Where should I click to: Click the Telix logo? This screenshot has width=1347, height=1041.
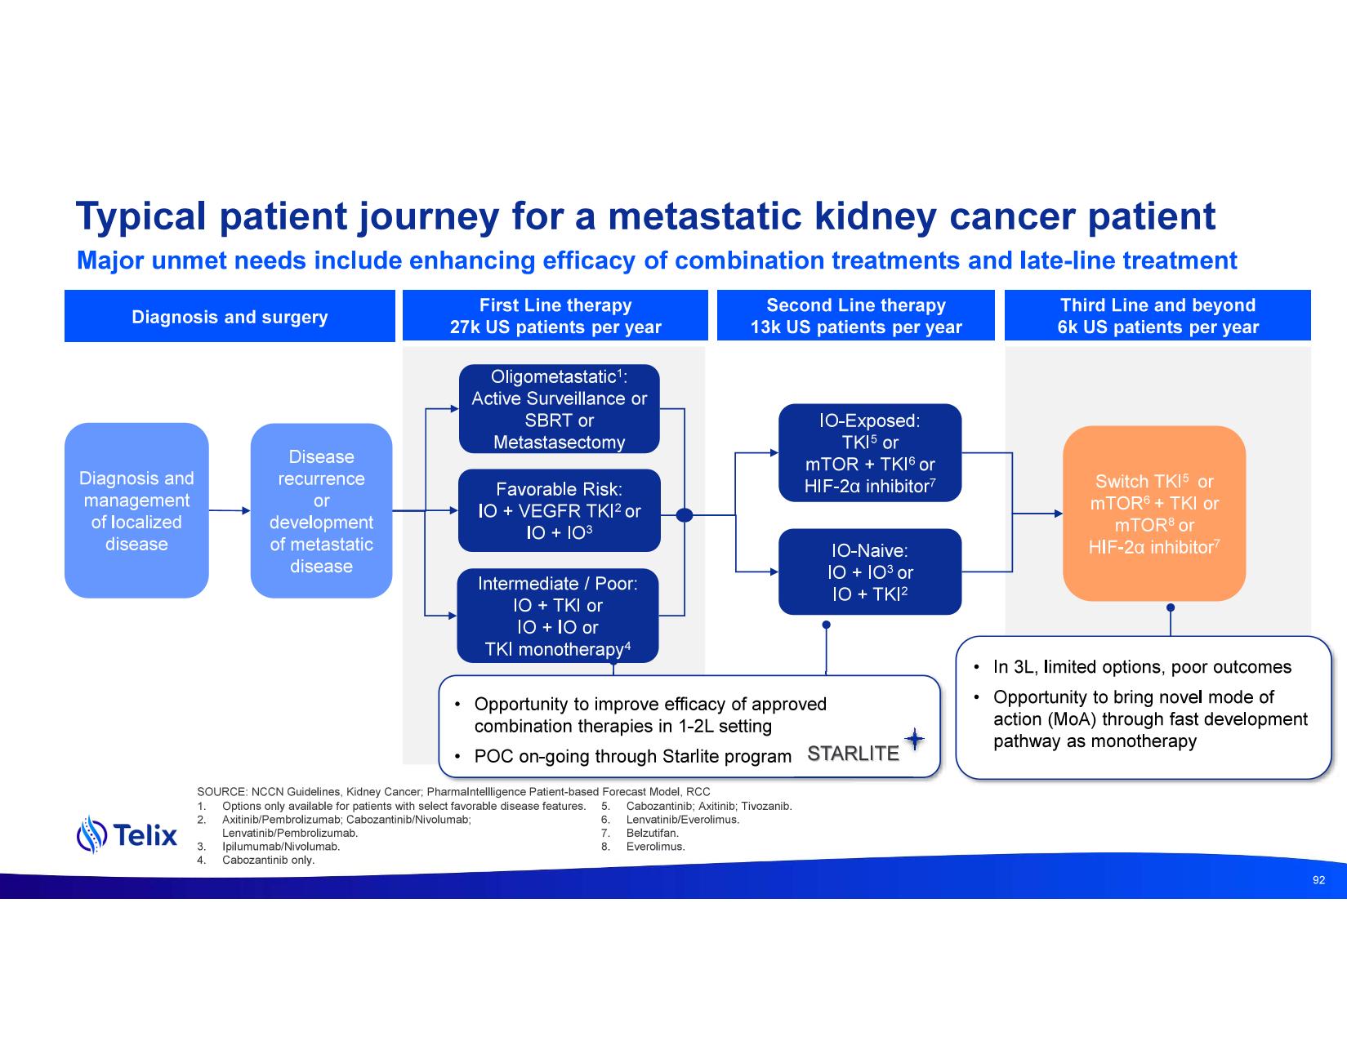pos(127,834)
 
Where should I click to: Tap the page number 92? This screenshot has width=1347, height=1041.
pos(1318,880)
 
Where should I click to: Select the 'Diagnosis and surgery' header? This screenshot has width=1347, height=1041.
pos(230,317)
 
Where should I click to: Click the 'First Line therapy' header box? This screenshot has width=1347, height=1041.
pos(555,316)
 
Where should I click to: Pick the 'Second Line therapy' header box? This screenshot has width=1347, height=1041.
pos(855,316)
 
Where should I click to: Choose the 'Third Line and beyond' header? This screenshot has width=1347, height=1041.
pos(1157,316)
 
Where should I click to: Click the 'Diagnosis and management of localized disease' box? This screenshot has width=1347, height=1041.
pos(136,511)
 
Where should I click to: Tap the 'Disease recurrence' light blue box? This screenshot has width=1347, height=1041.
pos(321,511)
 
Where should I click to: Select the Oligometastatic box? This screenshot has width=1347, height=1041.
pos(559,409)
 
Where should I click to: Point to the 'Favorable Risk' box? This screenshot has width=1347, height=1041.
pos(559,510)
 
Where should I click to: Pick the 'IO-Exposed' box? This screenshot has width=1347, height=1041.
pos(869,453)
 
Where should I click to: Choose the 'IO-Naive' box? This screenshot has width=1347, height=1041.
pos(869,572)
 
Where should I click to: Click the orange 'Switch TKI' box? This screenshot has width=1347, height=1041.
pos(1153,514)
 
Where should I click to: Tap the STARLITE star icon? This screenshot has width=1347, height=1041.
pos(915,740)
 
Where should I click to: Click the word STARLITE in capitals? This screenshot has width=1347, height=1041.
pos(853,754)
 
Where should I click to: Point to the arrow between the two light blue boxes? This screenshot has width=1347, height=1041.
pos(230,511)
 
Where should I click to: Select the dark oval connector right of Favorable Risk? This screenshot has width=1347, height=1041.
pos(685,514)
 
